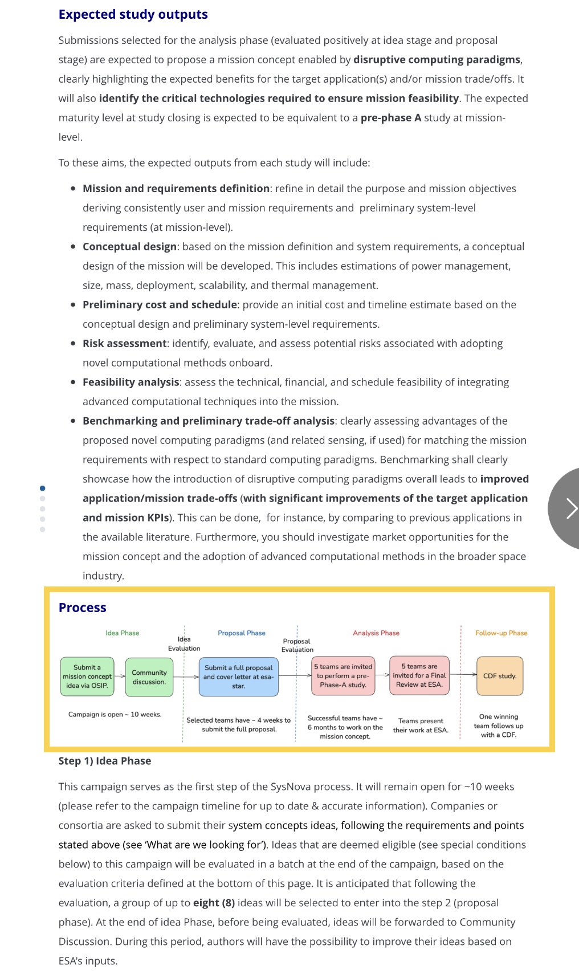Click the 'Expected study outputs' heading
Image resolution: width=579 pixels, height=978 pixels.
point(133,15)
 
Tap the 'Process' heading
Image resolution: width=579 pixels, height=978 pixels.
point(82,608)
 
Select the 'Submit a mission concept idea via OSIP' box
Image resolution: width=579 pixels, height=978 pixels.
point(87,677)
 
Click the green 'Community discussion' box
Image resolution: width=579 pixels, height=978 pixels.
point(149,677)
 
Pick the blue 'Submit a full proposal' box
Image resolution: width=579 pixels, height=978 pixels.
point(238,677)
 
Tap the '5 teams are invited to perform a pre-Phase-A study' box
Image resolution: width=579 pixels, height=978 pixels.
point(342,676)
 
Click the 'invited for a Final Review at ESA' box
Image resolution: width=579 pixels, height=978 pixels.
point(419,676)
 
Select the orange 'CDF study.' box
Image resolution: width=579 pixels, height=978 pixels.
point(499,677)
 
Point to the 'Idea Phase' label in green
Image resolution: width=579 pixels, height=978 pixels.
point(122,633)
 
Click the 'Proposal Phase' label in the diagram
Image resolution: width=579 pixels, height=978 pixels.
point(241,633)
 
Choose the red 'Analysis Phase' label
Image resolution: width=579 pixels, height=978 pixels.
point(376,633)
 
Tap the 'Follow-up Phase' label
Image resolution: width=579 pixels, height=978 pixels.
point(501,633)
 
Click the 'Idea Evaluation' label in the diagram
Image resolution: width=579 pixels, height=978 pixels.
point(184,643)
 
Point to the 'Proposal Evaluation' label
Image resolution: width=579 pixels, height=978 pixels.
point(297,645)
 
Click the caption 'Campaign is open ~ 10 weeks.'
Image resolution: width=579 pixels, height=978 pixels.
point(115,715)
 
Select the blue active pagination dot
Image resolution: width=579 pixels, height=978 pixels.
point(43,488)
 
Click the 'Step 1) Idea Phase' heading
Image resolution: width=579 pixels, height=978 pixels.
point(105,761)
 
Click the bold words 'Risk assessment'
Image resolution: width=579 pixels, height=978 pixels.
point(124,344)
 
